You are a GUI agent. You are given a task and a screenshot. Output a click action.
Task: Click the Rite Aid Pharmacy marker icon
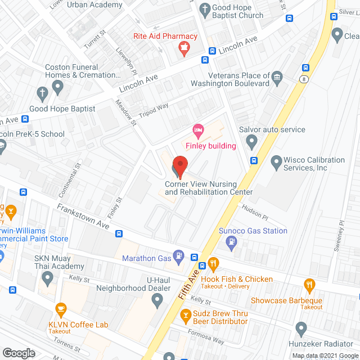pyautogui.click(x=183, y=49)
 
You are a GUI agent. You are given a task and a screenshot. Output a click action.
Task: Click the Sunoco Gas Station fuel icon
pyautogui.click(x=231, y=242)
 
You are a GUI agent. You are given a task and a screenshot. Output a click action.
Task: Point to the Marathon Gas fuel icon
pyautogui.click(x=178, y=257)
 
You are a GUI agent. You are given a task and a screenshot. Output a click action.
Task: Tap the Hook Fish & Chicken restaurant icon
pyautogui.click(x=213, y=264)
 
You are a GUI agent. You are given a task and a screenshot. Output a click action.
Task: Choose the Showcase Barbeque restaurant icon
pyautogui.click(x=308, y=286)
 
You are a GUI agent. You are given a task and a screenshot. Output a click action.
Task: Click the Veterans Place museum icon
pyautogui.click(x=276, y=76)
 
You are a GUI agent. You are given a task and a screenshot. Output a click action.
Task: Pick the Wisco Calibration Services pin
pyautogui.click(x=276, y=163)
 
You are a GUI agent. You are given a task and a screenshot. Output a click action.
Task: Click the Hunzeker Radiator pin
pyautogui.click(x=301, y=328)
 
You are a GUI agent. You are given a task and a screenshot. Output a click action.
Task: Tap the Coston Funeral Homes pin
pyautogui.click(x=57, y=87)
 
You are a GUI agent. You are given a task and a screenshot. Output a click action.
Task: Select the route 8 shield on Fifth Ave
pyautogui.click(x=303, y=78)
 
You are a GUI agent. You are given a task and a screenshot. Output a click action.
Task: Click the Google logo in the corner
pyautogui.click(x=19, y=353)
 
